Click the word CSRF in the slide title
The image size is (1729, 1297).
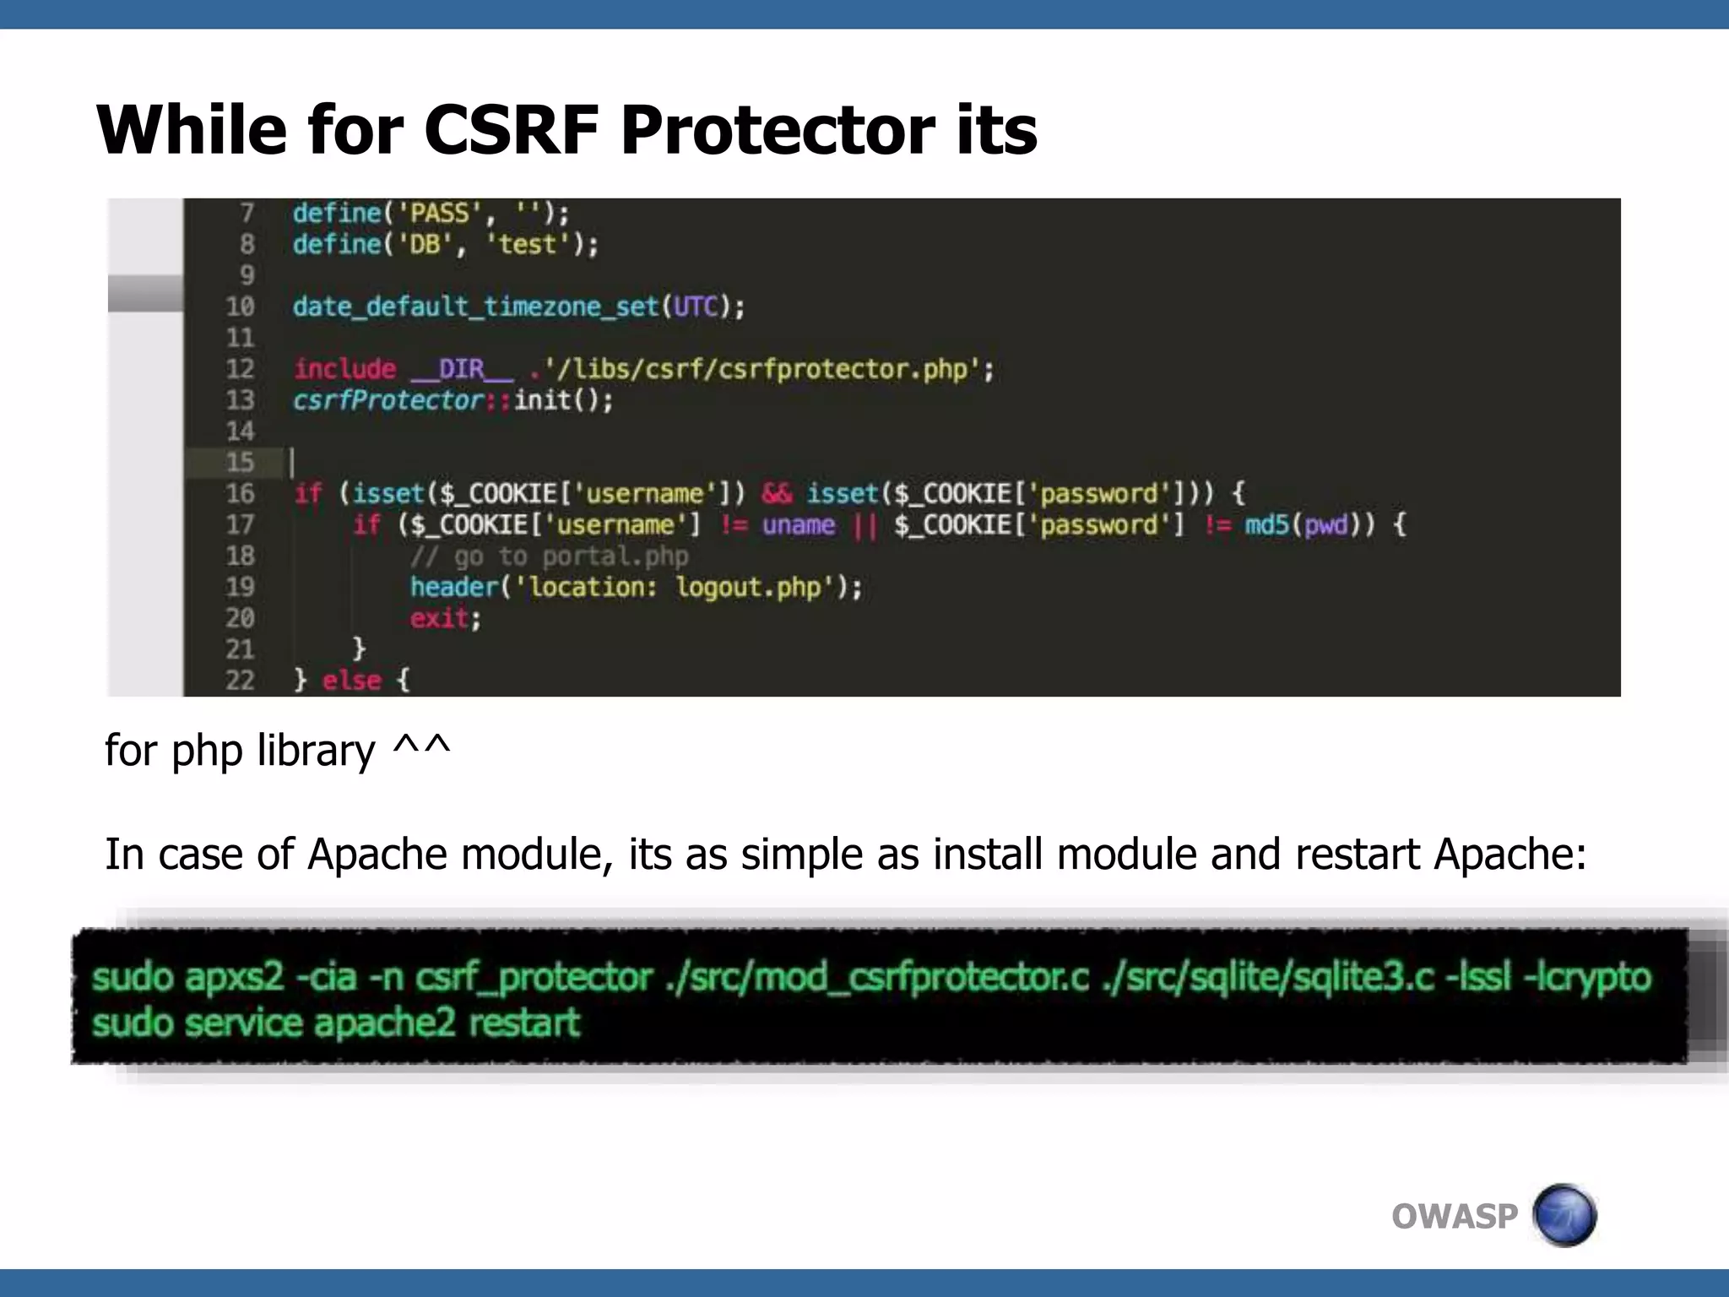[x=511, y=131]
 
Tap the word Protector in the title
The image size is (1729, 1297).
[x=778, y=131]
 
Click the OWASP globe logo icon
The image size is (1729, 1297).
[x=1564, y=1215]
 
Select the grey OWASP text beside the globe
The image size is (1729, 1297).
[x=1454, y=1217]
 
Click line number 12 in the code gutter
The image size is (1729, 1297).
[x=240, y=369]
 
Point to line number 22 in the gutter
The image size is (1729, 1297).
[x=240, y=680]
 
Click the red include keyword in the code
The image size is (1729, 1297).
[x=344, y=369]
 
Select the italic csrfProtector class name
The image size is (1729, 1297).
[x=388, y=399]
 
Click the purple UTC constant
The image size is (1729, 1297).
[x=696, y=307]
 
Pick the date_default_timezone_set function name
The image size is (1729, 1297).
[x=475, y=307]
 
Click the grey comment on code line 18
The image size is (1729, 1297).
[x=549, y=556]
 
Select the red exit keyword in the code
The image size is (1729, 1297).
[x=438, y=618]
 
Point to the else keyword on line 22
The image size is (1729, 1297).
[x=351, y=680]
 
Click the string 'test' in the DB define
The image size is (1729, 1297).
[x=527, y=244]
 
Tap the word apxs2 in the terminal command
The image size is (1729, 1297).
[x=234, y=977]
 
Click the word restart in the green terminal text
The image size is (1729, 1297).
[x=524, y=1023]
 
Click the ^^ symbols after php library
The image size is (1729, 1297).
[x=421, y=749]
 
